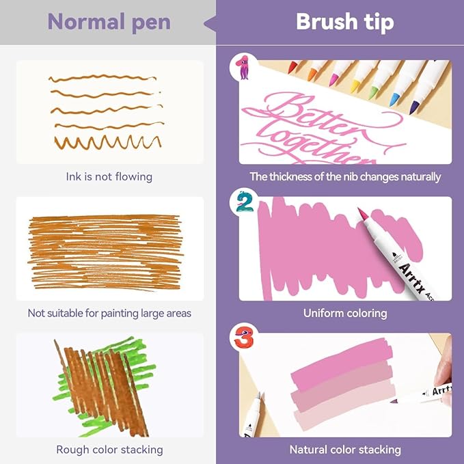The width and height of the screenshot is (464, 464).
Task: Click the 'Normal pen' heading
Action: point(109,23)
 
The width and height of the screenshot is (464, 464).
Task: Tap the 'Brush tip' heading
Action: point(345,22)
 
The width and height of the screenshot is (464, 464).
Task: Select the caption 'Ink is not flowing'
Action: point(109,177)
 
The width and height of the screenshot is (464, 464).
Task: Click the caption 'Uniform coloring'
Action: point(345,313)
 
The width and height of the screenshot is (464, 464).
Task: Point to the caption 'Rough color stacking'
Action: point(109,450)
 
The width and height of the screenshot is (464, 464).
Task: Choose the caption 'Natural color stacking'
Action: point(345,450)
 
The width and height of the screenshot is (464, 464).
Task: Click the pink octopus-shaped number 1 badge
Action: point(243,67)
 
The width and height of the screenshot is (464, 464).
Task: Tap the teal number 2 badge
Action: point(245,202)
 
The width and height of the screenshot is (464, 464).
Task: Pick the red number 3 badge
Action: point(245,337)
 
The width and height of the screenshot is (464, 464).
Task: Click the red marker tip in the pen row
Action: point(292,67)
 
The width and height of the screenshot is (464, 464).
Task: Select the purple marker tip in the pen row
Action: point(414,108)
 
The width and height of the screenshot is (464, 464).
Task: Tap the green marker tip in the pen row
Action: point(373,93)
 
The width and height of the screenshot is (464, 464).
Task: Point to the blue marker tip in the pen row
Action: point(395,100)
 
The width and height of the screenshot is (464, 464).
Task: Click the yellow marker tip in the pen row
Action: point(354,86)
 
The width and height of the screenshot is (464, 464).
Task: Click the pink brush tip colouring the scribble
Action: point(363,215)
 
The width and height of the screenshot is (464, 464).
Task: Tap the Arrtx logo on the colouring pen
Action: point(412,277)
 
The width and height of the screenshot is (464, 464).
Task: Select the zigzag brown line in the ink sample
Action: point(108,142)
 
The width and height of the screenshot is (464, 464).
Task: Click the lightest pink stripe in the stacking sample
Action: point(344,405)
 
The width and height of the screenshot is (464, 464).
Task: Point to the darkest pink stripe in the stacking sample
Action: point(342,361)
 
